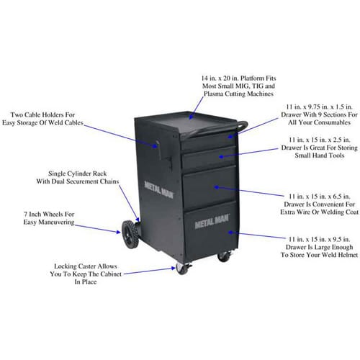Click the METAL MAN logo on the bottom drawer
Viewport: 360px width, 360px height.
[x=212, y=221]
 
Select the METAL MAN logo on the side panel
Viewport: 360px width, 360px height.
[x=159, y=190]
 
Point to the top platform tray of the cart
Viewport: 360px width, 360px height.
[x=189, y=124]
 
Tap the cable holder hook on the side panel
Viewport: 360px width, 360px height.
[x=159, y=150]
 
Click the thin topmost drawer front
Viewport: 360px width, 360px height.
[x=209, y=142]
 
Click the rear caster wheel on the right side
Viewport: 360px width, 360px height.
[x=224, y=256]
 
